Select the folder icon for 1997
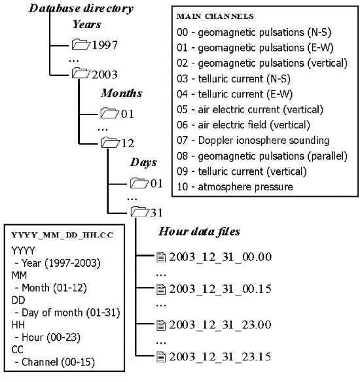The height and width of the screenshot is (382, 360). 81,45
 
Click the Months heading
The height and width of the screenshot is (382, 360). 121,93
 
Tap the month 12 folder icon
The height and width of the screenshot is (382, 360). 110,143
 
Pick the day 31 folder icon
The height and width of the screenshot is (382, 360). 140,212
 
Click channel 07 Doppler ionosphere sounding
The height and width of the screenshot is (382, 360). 253,141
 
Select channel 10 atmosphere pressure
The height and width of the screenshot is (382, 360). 236,188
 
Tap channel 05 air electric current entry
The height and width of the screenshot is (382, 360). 250,109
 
